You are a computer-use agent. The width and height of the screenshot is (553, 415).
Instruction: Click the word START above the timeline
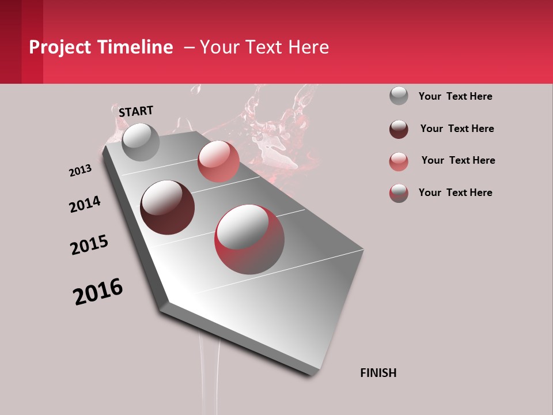pos(136,111)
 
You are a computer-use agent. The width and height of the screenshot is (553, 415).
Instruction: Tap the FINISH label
pos(378,373)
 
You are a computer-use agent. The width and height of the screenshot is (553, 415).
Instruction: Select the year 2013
pos(80,171)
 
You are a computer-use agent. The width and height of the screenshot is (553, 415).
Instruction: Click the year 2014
pos(85,204)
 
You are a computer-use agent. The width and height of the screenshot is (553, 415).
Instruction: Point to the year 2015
pos(89,245)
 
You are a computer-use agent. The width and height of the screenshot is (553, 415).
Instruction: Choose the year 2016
pos(98,291)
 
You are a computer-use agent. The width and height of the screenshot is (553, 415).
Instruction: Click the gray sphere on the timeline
pos(141,142)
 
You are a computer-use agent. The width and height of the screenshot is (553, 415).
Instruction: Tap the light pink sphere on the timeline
pos(218,161)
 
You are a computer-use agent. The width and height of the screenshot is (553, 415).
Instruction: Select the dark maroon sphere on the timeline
pos(168,207)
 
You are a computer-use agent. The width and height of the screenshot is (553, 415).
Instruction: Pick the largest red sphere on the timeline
pos(249,239)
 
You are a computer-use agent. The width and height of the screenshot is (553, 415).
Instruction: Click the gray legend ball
pos(399,96)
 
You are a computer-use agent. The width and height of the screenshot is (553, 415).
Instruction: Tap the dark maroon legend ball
pos(399,129)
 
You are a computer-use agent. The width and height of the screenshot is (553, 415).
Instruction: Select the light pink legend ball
pos(399,161)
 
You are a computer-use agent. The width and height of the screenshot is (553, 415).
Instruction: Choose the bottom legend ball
pos(399,193)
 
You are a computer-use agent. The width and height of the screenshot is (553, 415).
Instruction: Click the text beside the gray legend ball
pos(455,96)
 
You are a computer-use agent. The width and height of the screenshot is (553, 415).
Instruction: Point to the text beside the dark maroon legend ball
pos(457,129)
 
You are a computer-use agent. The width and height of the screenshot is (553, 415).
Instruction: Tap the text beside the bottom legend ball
pos(455,193)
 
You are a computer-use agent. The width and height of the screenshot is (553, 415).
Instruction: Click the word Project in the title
pos(59,47)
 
